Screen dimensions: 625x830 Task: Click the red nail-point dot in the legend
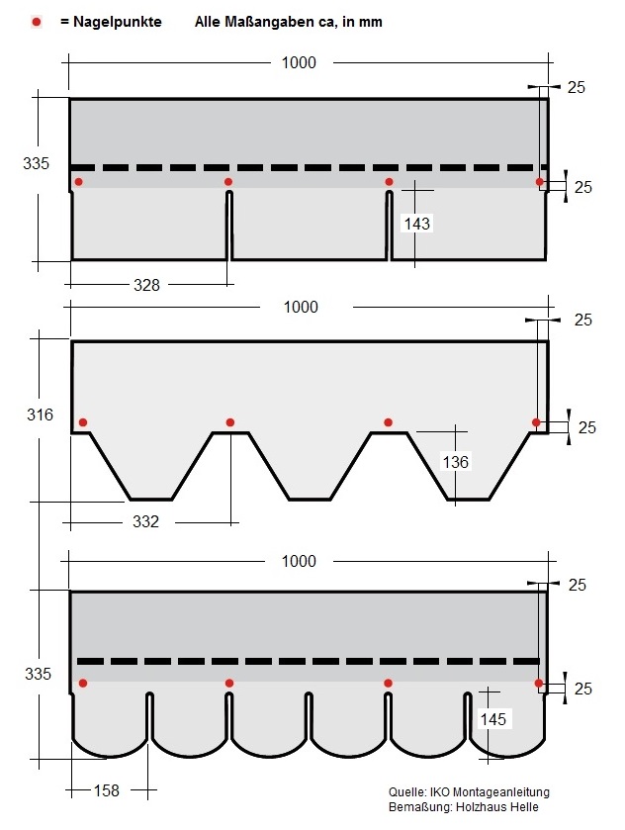pyautogui.click(x=36, y=22)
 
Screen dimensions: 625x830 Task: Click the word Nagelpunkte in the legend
pyautogui.click(x=117, y=22)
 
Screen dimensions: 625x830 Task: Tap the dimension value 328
pyautogui.click(x=146, y=285)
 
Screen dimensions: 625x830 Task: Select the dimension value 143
pyautogui.click(x=417, y=224)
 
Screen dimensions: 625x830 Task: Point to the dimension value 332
pyautogui.click(x=145, y=522)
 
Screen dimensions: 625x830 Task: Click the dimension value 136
pyautogui.click(x=456, y=462)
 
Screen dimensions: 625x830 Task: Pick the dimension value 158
pyautogui.click(x=107, y=790)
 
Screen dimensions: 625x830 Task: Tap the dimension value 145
pyautogui.click(x=493, y=719)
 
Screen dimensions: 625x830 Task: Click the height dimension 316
pyautogui.click(x=41, y=415)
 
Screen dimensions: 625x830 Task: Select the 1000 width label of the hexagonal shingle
pyautogui.click(x=301, y=307)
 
